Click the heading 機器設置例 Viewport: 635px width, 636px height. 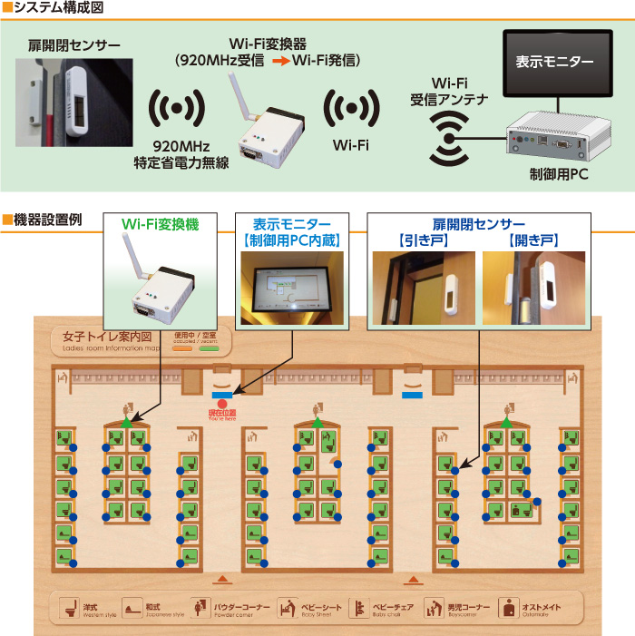click(48, 219)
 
